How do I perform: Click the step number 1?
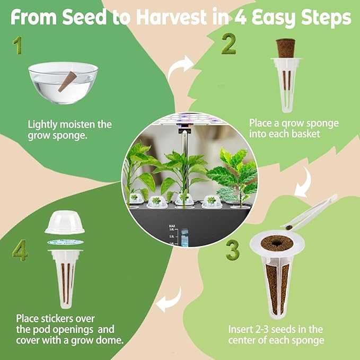[18, 46]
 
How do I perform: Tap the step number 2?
[228, 45]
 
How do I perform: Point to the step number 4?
[20, 250]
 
